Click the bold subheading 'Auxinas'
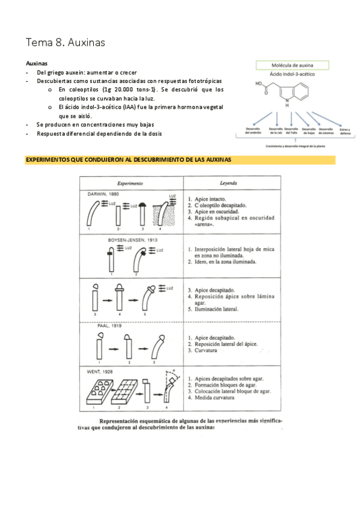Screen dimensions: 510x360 click(37, 63)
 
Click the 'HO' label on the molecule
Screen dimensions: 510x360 click(258, 84)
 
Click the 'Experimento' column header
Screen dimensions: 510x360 click(130, 182)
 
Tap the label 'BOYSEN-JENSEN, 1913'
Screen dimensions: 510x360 click(127, 239)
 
